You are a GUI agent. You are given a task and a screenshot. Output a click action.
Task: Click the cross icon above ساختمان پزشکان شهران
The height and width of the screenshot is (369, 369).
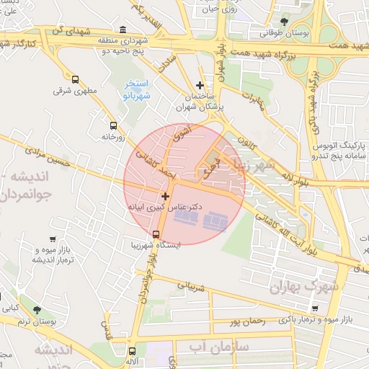(x=200, y=85)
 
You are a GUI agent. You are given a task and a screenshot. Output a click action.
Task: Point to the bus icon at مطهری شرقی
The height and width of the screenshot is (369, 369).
(x=76, y=79)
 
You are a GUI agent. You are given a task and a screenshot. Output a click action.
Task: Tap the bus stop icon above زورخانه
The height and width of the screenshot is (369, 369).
(x=112, y=124)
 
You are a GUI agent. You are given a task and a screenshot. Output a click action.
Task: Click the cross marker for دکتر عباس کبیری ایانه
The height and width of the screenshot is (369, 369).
(x=166, y=195)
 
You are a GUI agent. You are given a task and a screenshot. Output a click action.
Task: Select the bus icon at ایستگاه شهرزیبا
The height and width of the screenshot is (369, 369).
(x=156, y=234)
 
